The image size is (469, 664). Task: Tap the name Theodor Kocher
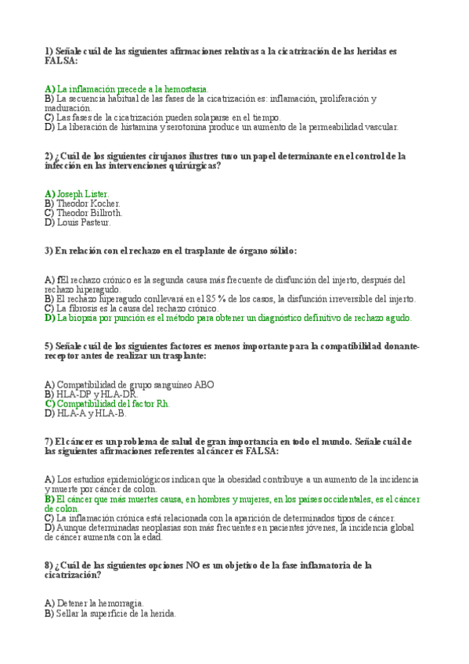tap(88, 203)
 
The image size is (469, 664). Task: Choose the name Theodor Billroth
tap(89, 212)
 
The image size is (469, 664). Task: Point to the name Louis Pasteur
tap(84, 222)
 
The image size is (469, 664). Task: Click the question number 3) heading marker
tap(49, 251)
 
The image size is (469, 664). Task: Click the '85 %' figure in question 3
tap(209, 298)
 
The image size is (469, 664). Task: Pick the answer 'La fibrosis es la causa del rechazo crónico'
tap(138, 309)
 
